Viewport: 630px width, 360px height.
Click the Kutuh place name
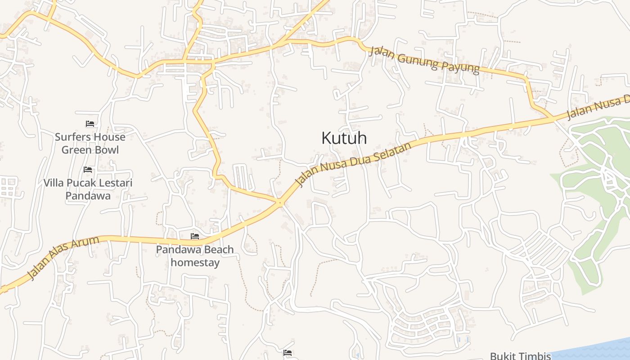[344, 138]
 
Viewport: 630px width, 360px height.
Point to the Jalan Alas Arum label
[63, 258]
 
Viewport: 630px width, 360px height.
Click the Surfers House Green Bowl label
[90, 143]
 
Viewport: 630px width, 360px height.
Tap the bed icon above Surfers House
[90, 124]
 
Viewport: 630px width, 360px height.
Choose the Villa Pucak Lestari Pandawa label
[88, 189]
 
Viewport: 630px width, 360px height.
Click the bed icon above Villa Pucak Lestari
[88, 170]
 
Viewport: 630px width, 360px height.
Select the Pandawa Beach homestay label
[195, 256]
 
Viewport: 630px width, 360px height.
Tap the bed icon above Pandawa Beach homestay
[195, 236]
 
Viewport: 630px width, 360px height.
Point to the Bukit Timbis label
[520, 356]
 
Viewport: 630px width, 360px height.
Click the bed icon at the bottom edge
[288, 353]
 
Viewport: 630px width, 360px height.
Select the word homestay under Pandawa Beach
[195, 262]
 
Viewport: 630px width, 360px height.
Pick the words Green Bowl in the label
[90, 150]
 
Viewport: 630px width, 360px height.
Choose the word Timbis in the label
[535, 356]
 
